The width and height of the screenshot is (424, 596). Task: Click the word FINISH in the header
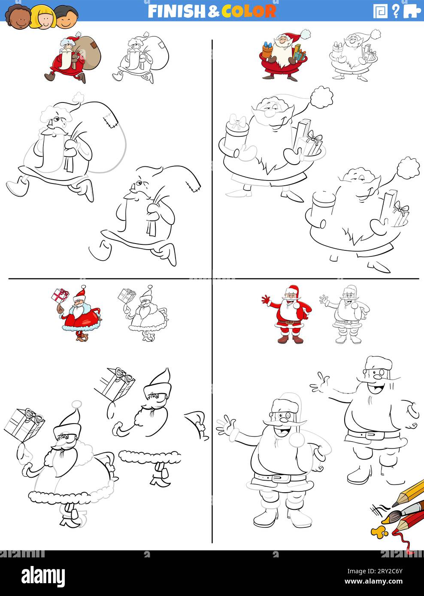pyautogui.click(x=176, y=11)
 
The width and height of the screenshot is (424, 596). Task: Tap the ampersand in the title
pyautogui.click(x=213, y=11)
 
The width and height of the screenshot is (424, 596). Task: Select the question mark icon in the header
pyautogui.click(x=396, y=11)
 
